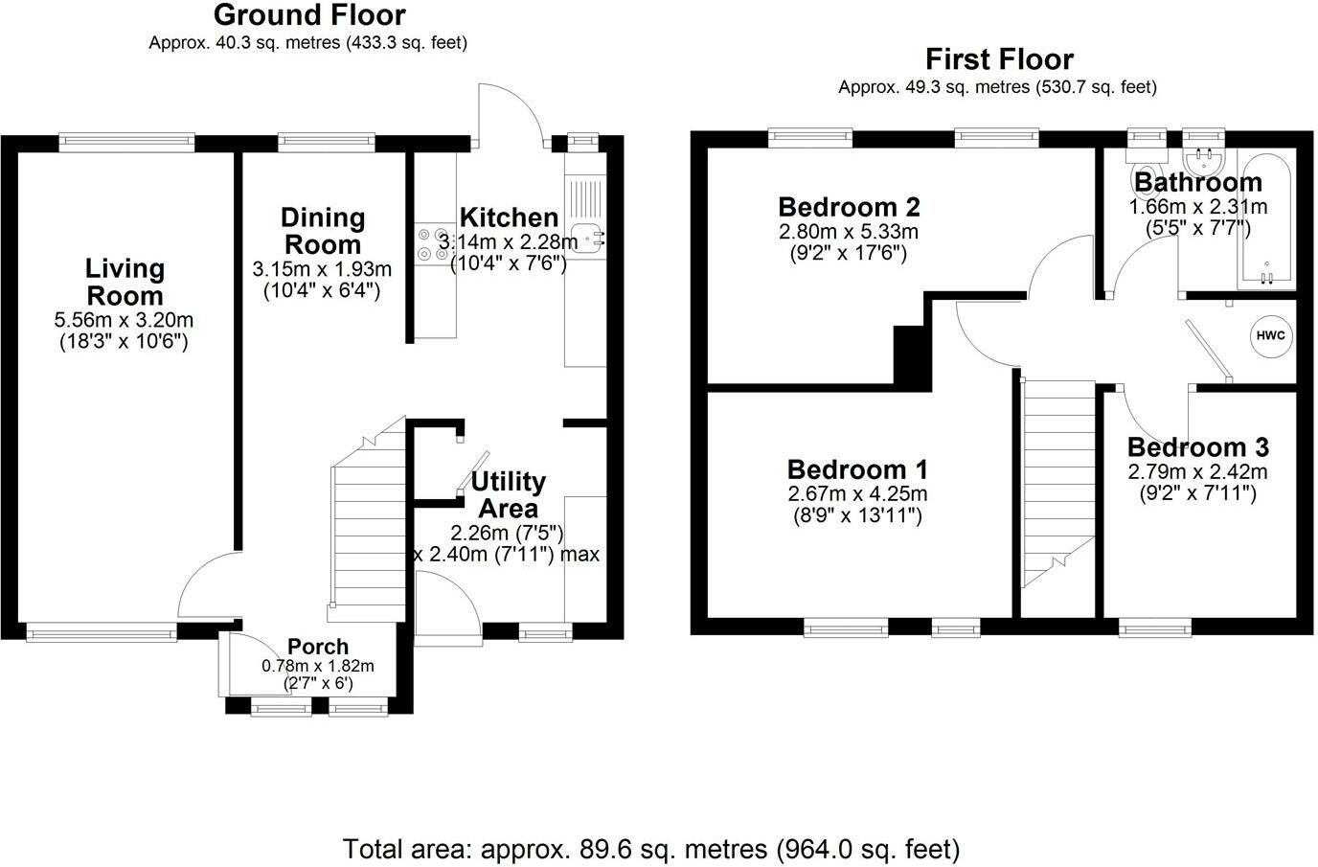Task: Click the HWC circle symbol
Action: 1271,336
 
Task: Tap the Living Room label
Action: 125,282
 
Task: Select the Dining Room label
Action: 323,231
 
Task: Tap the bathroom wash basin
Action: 1200,158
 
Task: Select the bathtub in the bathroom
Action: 1267,220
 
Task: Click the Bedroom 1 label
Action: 857,469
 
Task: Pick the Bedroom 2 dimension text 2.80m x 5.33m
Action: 848,232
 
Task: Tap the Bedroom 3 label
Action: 1197,447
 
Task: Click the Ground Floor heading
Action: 308,15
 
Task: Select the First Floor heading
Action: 998,59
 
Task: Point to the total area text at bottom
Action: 651,849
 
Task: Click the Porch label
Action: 318,647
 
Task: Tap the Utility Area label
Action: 508,494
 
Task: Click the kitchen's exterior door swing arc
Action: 511,110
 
